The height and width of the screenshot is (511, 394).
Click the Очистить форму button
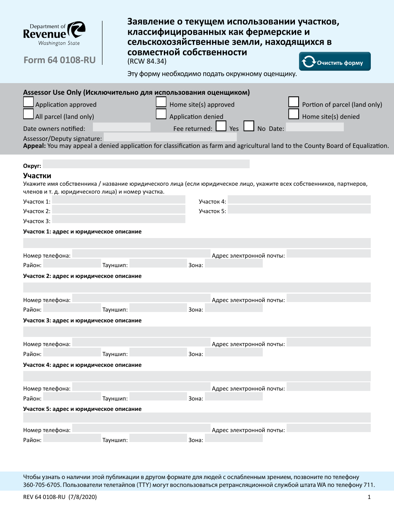(x=335, y=62)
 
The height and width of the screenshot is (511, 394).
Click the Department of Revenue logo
(x=54, y=34)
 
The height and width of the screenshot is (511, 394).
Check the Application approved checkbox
(x=29, y=102)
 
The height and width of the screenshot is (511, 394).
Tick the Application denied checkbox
(x=161, y=114)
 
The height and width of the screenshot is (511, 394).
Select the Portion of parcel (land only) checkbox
(x=294, y=102)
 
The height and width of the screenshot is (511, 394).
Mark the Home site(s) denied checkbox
(x=294, y=114)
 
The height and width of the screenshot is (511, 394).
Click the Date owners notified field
(x=122, y=127)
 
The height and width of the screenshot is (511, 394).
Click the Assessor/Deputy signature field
(x=170, y=137)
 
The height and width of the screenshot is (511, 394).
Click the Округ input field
(x=146, y=164)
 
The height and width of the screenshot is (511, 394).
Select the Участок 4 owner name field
(x=299, y=200)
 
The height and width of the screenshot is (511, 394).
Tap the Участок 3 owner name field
(x=119, y=220)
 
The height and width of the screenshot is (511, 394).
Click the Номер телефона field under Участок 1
(x=141, y=254)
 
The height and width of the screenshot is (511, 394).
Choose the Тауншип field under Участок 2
(x=158, y=308)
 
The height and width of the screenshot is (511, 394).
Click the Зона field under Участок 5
(x=234, y=438)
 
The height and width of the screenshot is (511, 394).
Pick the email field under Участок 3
(x=328, y=343)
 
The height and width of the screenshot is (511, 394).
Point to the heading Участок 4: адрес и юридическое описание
(x=83, y=365)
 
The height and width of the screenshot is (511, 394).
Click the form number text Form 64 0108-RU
(x=60, y=60)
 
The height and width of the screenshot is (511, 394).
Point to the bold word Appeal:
(x=34, y=146)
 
